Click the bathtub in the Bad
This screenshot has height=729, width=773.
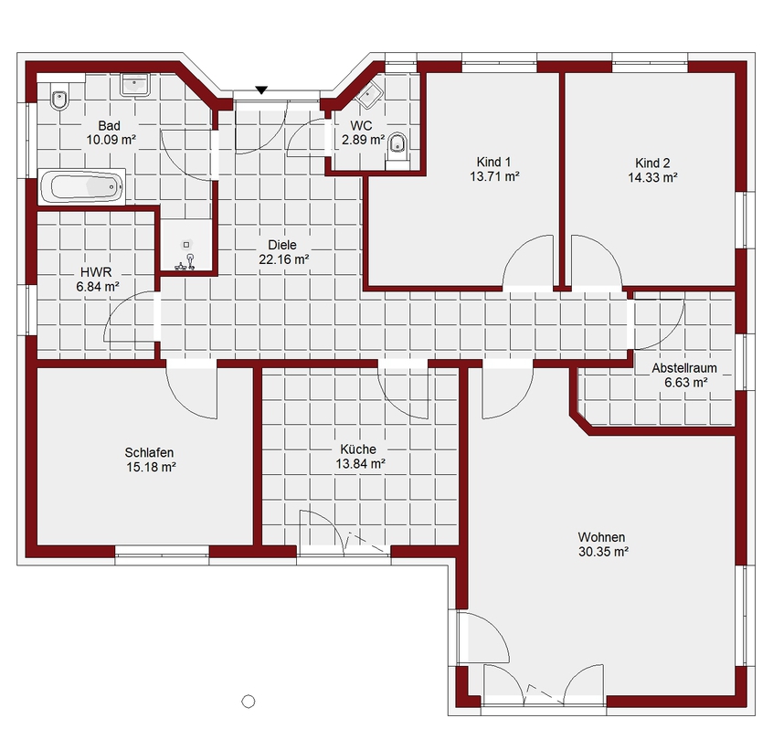pos(81,186)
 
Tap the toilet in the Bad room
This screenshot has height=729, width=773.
pos(59,100)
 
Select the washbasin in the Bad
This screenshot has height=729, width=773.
pos(134,85)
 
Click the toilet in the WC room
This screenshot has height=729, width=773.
pos(397,145)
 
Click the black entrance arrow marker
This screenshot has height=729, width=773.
pos(261,90)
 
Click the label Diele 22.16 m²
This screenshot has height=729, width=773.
pos(283,252)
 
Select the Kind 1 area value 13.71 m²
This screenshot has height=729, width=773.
pos(494,176)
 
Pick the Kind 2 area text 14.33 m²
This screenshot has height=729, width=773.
pos(652,177)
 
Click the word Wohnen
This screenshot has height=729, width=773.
pos(601,537)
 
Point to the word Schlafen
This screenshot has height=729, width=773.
pos(149,452)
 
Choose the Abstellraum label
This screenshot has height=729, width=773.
pos(684,368)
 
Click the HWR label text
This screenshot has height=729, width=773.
pos(96,271)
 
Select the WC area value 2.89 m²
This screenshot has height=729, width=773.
pos(364,140)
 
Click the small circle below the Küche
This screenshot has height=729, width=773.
pos(249,701)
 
